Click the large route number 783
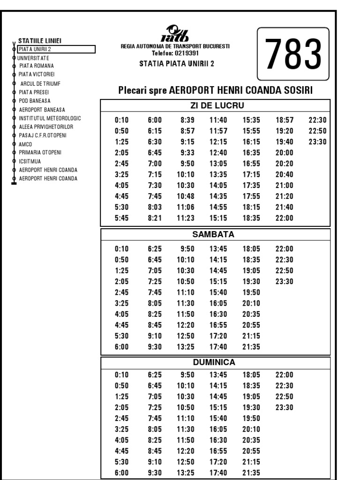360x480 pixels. [293, 53]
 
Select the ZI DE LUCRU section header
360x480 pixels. [215, 105]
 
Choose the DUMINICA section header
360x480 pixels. [214, 362]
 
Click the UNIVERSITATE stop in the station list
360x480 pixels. [33, 58]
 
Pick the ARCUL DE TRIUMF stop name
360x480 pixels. [40, 83]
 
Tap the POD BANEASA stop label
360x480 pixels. [35, 101]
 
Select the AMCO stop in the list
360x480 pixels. [25, 144]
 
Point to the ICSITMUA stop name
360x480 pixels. [30, 161]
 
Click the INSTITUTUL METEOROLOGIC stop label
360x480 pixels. [50, 118]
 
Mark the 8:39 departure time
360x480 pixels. [184, 120]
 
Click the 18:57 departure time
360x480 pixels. [284, 120]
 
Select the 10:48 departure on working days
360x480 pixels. [184, 196]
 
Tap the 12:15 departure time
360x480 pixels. [218, 142]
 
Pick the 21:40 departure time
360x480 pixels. [284, 207]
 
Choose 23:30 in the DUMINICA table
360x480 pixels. [284, 407]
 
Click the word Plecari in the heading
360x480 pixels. [133, 90]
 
